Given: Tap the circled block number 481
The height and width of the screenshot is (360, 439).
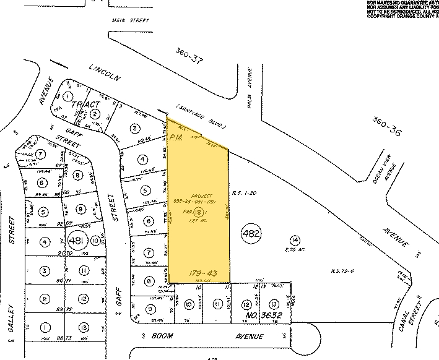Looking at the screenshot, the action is [76, 241].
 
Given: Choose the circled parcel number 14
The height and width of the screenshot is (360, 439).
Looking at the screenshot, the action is [295, 239].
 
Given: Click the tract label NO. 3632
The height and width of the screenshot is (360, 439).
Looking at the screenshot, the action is [259, 317].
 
